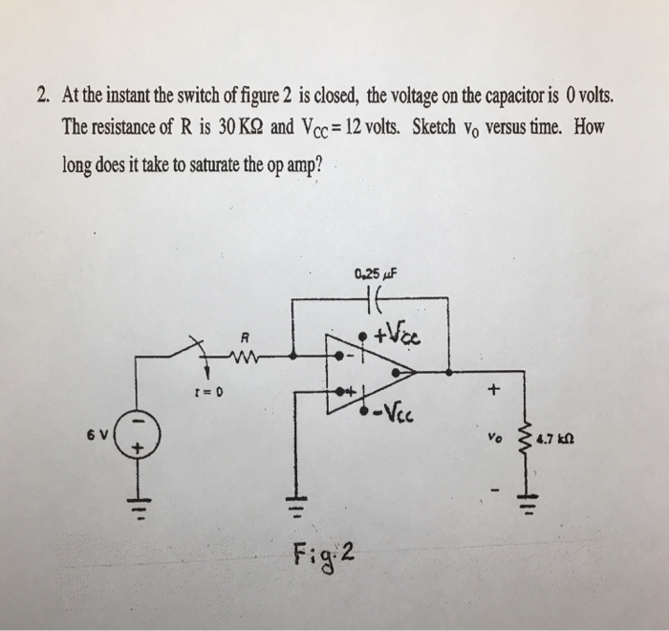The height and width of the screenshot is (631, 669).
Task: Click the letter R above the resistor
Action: point(246,335)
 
